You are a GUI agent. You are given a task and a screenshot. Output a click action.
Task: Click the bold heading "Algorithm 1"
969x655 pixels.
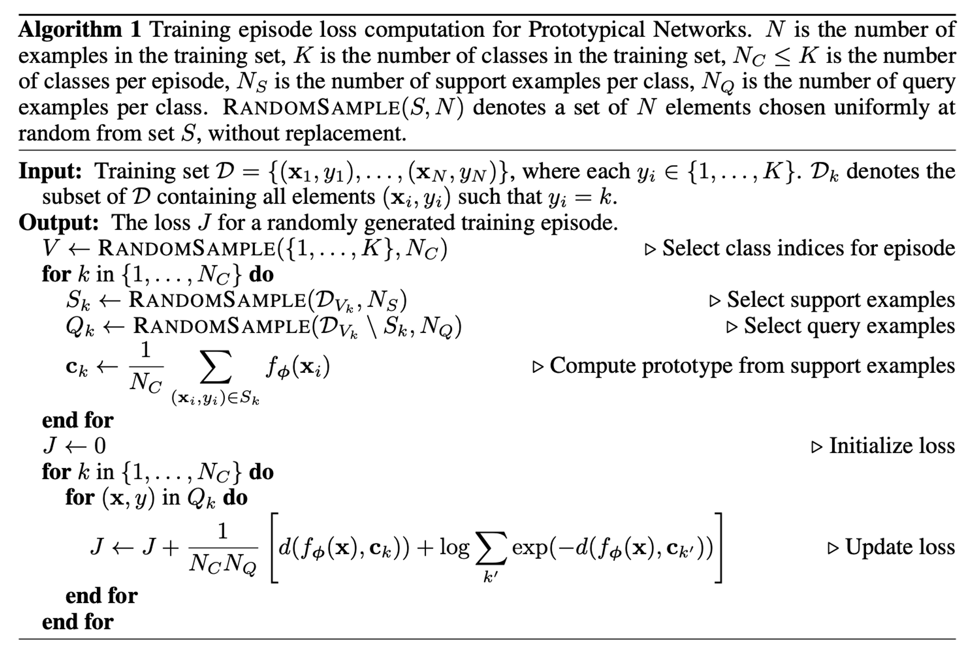(x=79, y=30)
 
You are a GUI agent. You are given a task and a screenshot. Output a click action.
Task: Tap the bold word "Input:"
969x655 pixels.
(x=50, y=171)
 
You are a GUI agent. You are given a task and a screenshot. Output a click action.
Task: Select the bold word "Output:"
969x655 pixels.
(x=58, y=223)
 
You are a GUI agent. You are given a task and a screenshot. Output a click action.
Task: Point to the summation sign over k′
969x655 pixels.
(x=491, y=548)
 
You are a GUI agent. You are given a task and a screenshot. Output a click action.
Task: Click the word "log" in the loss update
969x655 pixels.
(x=454, y=548)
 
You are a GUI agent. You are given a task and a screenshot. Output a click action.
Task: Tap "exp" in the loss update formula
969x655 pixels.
(x=530, y=548)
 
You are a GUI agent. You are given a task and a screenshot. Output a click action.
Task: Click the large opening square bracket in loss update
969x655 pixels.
(x=274, y=548)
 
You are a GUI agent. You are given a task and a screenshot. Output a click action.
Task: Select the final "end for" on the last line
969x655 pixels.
(x=78, y=622)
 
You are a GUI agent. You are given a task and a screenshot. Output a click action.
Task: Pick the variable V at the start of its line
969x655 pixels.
(x=50, y=249)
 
